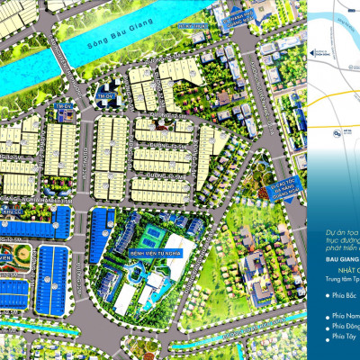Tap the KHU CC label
tap(13, 212)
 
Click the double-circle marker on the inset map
tap(336, 135)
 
